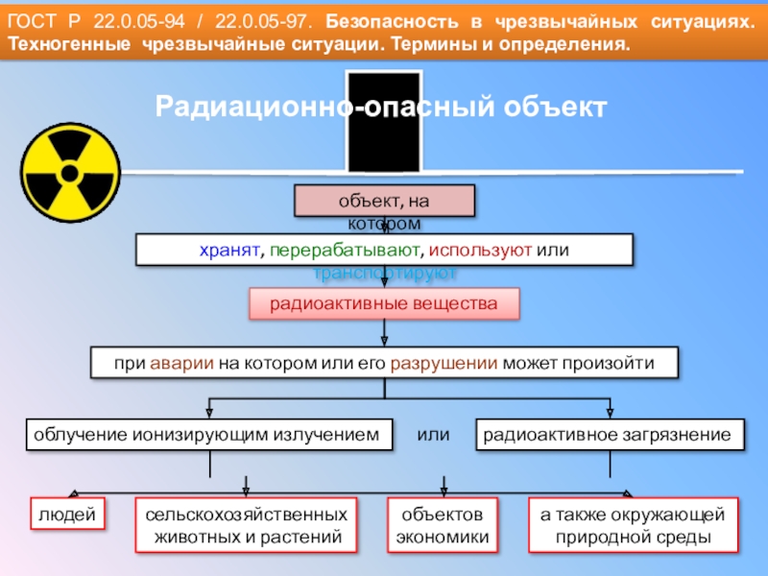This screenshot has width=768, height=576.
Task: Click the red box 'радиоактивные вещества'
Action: pos(384,304)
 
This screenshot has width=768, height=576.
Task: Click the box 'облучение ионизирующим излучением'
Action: pos(207,435)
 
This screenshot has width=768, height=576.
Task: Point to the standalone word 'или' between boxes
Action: pos(434,435)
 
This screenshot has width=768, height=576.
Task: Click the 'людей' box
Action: pos(67,515)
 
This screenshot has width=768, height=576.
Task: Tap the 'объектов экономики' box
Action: pos(443,525)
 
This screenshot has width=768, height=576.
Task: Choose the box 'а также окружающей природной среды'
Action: pos(634,525)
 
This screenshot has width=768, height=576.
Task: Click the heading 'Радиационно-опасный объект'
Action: pos(382,106)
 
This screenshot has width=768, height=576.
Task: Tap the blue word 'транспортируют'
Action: pos(385,274)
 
